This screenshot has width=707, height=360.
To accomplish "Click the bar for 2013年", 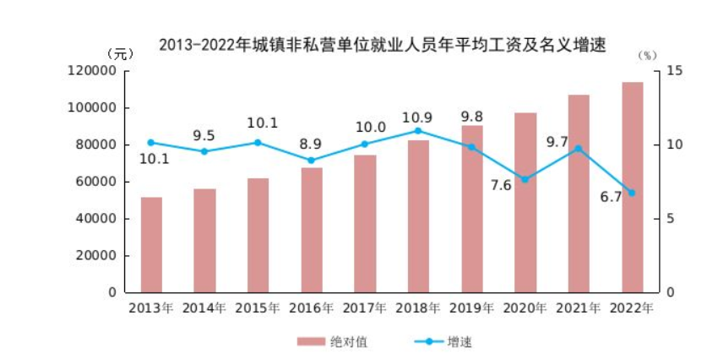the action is point(151,245).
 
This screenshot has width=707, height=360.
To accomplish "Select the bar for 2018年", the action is point(418,216).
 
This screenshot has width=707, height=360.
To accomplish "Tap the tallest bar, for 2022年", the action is point(633,188).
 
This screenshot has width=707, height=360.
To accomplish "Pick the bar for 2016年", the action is point(312,230).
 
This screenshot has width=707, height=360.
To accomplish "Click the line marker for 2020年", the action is point(525,179).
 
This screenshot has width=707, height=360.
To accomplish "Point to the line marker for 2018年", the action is point(418,131).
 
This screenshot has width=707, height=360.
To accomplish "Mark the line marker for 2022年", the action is point(632,193).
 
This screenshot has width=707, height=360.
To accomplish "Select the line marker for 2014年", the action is point(204,151).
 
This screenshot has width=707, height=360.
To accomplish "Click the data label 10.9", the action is point(417,117).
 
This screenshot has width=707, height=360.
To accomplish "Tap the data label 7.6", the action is point(501,185).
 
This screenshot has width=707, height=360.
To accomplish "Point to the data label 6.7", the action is point(611,197).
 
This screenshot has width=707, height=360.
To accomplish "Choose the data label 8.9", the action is point(311,145).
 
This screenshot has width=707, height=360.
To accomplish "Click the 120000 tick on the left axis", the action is point(91,71).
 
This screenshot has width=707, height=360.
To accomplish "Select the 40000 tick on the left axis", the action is point(95,219).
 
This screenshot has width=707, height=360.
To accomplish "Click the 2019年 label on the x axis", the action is point(471,308).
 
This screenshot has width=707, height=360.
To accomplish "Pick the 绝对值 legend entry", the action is point(332,341).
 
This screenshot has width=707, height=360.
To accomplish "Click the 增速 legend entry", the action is point(443,341).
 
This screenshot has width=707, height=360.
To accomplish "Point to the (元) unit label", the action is point(120,54).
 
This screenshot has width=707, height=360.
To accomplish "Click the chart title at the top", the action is point(383,45).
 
